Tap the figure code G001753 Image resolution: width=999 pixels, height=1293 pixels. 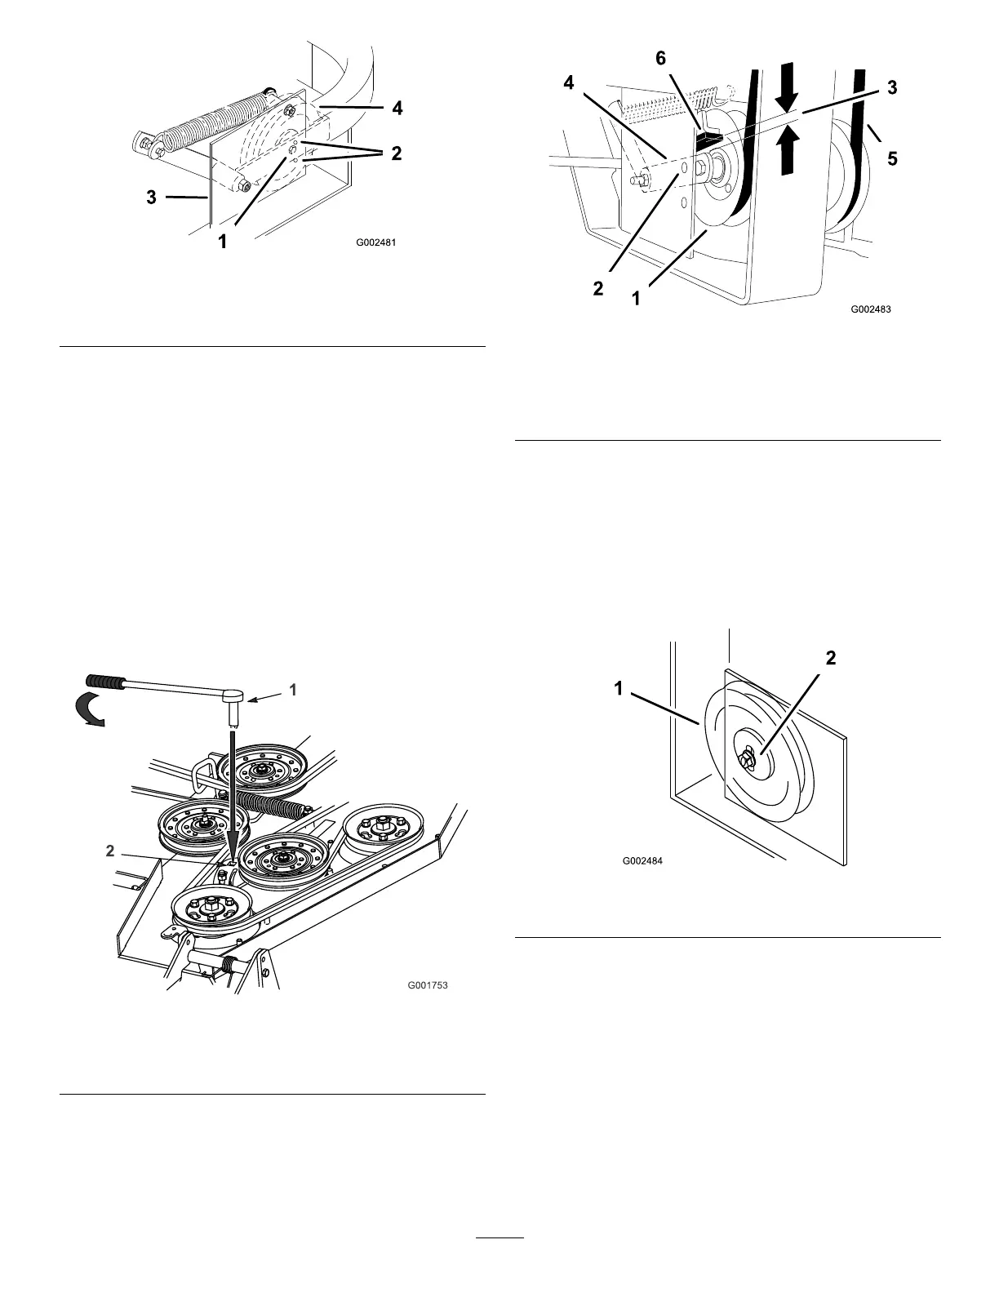428,985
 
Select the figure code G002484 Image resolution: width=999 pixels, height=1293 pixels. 642,860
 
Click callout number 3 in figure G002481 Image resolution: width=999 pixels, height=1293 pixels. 152,197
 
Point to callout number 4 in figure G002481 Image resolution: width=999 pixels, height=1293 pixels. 397,108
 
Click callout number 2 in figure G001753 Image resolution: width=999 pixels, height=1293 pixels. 109,850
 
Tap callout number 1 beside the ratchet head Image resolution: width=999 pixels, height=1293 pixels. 292,690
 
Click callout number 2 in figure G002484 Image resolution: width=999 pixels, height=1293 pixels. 830,658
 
